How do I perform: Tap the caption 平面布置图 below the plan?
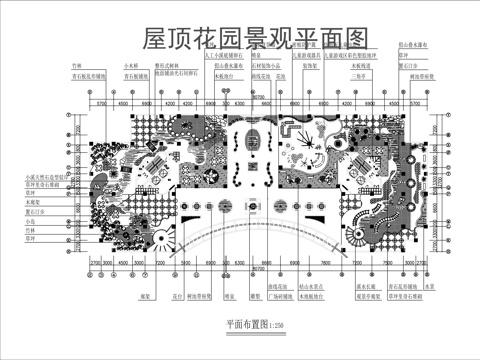tap(222, 326)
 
